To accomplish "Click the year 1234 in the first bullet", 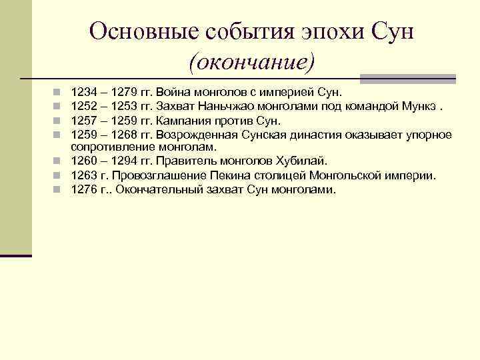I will point(83,91).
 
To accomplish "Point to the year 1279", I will point(127,91).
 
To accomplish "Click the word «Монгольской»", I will point(342,175).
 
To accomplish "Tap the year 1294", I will point(127,161).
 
